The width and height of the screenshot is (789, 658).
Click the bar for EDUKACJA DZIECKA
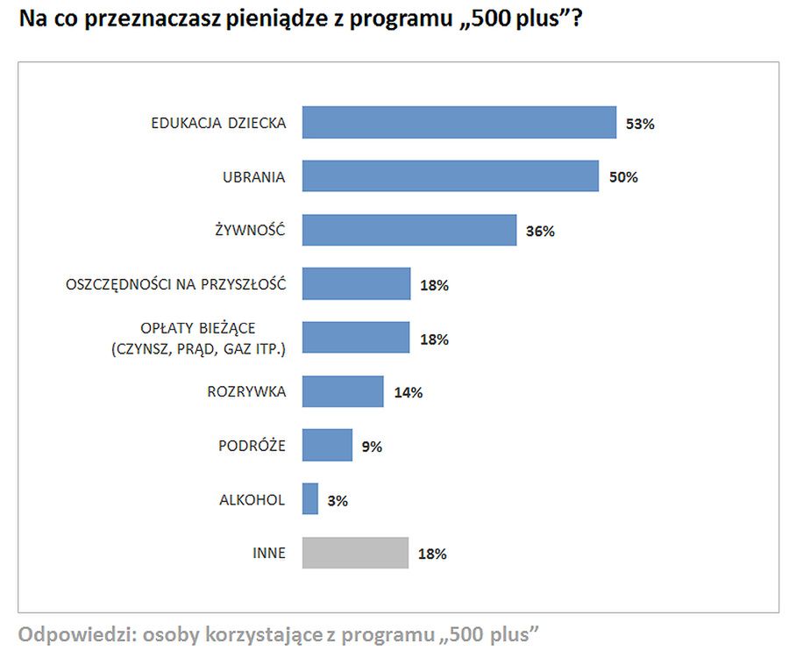click(x=458, y=123)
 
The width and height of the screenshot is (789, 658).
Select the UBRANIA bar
click(x=450, y=176)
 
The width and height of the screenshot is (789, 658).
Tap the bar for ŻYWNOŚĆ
click(x=409, y=231)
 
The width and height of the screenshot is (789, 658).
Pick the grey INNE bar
click(x=355, y=554)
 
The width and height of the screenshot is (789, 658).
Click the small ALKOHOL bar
click(x=309, y=499)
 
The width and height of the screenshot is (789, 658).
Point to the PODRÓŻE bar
click(x=327, y=446)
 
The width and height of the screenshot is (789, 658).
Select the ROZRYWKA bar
click(x=343, y=391)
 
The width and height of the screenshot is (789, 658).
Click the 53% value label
click(x=640, y=124)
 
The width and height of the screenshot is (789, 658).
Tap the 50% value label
click(x=622, y=177)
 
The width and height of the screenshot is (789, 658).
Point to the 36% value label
click(x=540, y=232)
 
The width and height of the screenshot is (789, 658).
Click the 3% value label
click(x=337, y=501)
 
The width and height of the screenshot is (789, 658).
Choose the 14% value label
click(x=408, y=392)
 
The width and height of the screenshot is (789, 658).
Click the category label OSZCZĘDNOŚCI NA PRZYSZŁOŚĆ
click(x=176, y=283)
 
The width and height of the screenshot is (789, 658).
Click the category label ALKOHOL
click(x=252, y=499)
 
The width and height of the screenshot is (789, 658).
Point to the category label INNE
click(x=268, y=554)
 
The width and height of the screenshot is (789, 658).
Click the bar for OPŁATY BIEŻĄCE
click(x=356, y=338)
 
